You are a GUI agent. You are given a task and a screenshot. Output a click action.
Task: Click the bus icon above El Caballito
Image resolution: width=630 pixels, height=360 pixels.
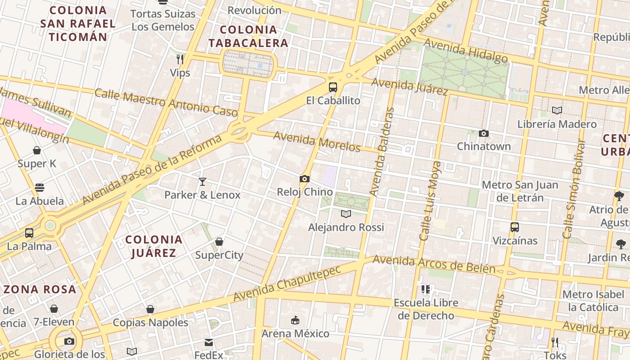333,87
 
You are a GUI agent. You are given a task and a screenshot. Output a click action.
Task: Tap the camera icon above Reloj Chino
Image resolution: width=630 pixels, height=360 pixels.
305,179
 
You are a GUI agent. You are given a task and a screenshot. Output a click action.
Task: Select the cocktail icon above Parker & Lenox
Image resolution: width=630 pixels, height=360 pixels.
202,182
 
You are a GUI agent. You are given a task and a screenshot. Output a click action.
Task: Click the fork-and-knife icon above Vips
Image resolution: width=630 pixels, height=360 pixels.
180,59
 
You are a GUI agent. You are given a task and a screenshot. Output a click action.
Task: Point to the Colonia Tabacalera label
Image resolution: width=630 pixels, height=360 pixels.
248,36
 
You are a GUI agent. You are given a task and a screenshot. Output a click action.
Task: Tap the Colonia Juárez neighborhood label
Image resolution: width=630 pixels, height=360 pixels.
154,246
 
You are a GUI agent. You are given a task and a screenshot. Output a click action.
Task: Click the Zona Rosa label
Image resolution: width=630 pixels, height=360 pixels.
40,289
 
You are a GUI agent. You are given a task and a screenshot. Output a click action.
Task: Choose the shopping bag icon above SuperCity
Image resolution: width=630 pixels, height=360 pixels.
219,242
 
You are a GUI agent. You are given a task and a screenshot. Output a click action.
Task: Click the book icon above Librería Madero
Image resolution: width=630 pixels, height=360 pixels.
557,110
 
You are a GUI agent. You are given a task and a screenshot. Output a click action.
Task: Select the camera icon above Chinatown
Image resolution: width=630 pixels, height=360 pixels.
484,133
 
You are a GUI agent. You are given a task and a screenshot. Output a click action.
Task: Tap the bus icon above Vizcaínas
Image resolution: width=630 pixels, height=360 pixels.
515,227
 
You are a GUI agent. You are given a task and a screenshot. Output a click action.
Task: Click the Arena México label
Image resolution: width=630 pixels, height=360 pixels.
296,333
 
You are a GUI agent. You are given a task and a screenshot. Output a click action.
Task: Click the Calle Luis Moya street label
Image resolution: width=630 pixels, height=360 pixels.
430,201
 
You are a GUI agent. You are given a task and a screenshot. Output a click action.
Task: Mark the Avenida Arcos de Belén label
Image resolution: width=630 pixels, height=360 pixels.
434,265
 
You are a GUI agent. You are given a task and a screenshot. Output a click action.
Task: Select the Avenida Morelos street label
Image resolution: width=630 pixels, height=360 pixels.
317,142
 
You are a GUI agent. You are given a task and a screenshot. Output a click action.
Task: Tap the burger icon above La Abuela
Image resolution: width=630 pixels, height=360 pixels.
40,188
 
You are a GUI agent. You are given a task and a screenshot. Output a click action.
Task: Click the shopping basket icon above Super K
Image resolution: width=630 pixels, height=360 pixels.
37,150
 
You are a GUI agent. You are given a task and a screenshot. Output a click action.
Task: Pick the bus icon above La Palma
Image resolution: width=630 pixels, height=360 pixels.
29,233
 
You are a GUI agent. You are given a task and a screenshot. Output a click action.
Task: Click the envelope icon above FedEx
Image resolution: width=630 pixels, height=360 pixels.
209,342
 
